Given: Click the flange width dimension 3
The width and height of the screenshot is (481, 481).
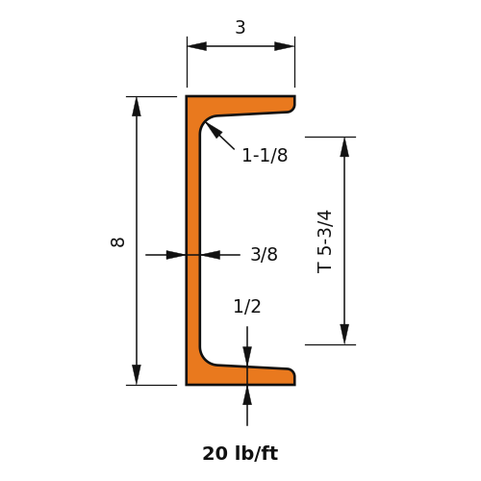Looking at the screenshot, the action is pyautogui.click(x=240, y=28).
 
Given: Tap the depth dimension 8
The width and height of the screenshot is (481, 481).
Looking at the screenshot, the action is pyautogui.click(x=117, y=242).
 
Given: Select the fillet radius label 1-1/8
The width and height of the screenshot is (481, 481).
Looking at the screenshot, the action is pyautogui.click(x=265, y=155).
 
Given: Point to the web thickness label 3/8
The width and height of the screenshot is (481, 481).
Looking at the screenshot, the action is pyautogui.click(x=264, y=255).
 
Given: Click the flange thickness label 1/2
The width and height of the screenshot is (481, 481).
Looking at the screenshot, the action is pyautogui.click(x=247, y=307).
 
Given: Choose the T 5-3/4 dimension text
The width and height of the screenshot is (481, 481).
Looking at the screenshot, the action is pyautogui.click(x=324, y=241).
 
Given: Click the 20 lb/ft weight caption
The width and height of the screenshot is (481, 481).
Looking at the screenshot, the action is pyautogui.click(x=240, y=453).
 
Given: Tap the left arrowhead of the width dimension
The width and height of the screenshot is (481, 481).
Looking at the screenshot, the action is pyautogui.click(x=197, y=46).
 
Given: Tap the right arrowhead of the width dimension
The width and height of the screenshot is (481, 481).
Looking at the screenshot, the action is pyautogui.click(x=285, y=46).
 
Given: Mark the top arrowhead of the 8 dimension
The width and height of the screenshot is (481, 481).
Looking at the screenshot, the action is pyautogui.click(x=137, y=107).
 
